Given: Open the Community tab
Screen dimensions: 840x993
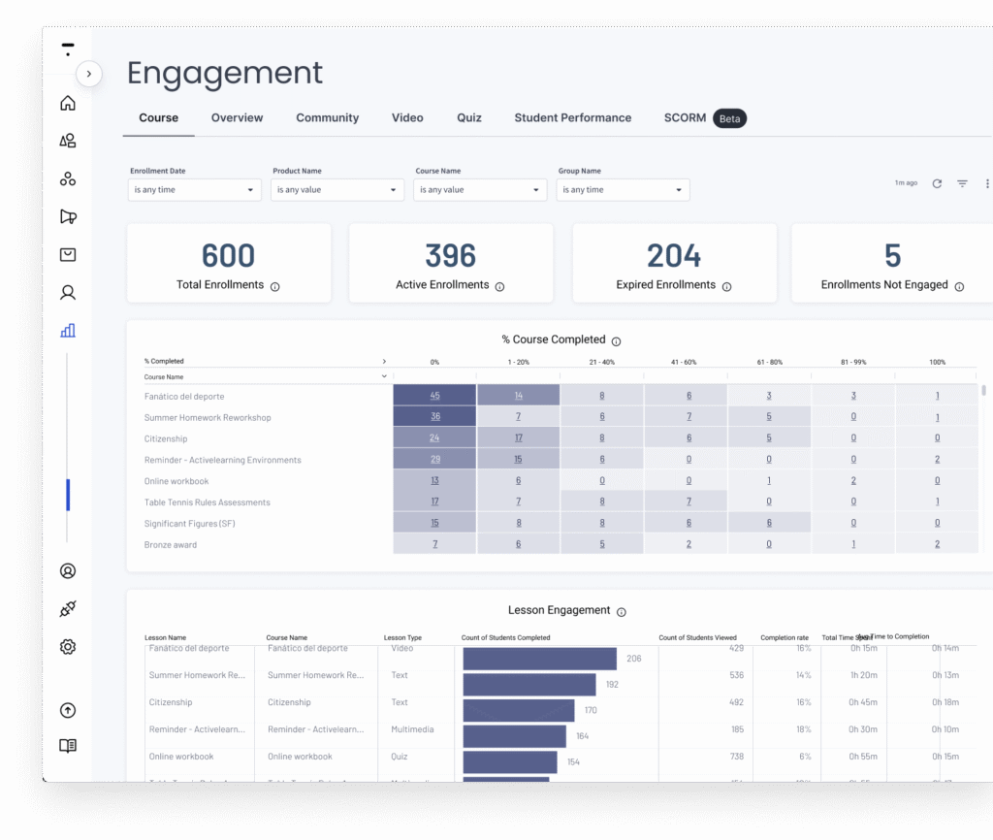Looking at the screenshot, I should [327, 118].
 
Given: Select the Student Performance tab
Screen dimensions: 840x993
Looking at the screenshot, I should [572, 118].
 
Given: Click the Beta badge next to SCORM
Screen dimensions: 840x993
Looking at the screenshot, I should [729, 119].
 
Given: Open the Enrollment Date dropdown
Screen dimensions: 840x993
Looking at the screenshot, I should [194, 190].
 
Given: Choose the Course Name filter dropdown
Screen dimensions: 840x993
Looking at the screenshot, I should [480, 190].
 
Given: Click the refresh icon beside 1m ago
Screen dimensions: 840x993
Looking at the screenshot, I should [937, 183].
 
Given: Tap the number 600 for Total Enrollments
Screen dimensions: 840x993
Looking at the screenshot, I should [228, 256].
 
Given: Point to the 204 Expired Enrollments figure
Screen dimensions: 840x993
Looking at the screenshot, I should [674, 256].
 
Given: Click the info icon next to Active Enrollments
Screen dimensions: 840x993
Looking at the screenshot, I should [499, 287].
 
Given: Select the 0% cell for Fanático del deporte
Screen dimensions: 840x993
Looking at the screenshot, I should [434, 396].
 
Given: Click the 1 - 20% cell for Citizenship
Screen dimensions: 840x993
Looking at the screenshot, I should [519, 438].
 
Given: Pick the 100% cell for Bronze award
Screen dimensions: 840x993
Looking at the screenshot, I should [937, 544].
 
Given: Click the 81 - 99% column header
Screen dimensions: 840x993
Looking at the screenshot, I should [853, 362].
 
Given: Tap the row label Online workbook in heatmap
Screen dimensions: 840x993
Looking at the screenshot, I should [176, 481].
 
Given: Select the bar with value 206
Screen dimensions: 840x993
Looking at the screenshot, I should [539, 659].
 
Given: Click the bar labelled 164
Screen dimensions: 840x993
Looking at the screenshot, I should [514, 736].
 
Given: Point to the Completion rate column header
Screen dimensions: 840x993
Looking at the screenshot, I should [785, 638].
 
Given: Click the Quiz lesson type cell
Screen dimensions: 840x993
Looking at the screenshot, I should [400, 757].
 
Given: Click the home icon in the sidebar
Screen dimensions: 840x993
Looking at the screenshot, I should [68, 104].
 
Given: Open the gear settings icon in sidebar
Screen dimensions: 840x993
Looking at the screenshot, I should [68, 647].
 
